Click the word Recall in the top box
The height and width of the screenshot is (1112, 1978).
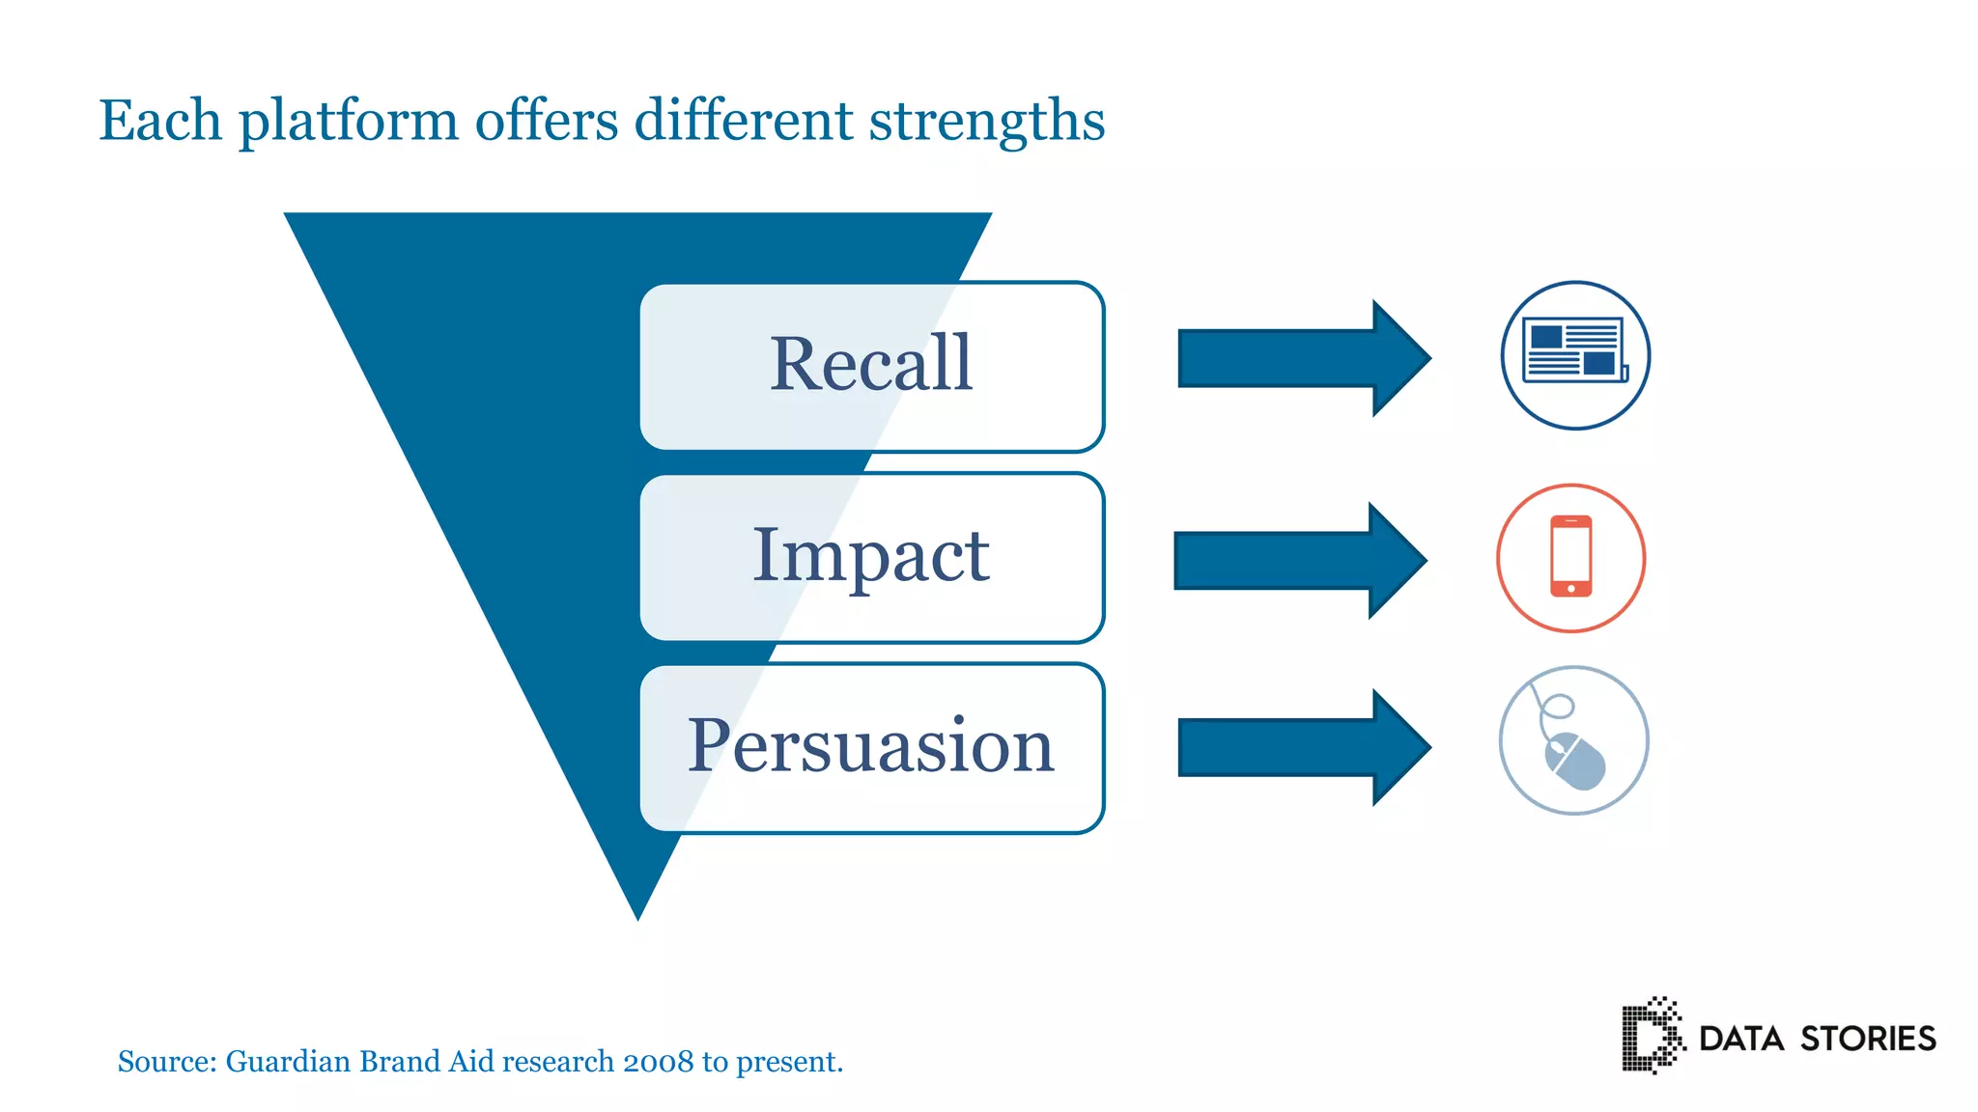click(870, 364)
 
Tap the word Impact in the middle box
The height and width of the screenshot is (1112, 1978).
click(870, 555)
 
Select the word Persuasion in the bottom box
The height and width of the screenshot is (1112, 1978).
click(870, 745)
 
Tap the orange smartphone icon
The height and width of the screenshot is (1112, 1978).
click(1570, 557)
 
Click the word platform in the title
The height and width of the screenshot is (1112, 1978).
click(349, 122)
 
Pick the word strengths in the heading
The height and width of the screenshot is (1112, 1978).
click(986, 122)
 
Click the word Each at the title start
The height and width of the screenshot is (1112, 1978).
click(160, 122)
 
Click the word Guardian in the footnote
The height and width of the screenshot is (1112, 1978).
click(288, 1062)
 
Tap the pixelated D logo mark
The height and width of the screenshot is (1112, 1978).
click(1650, 1036)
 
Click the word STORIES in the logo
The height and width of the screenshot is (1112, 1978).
click(1868, 1039)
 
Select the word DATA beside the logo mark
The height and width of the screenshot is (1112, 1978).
click(1740, 1039)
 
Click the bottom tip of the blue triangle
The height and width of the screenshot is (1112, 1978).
click(638, 911)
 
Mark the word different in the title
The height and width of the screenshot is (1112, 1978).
click(743, 122)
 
